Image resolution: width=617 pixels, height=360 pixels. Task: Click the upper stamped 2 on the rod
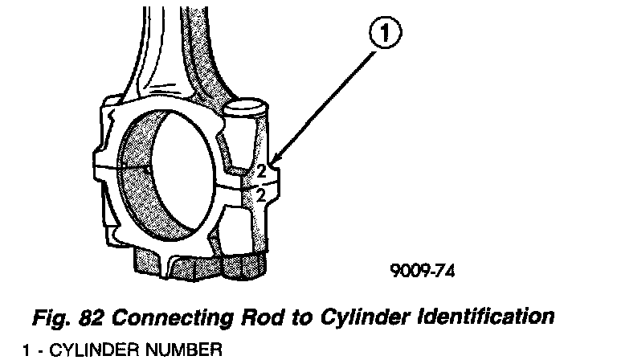pos(262,170)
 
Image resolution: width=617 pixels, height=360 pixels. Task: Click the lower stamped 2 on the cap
pos(262,194)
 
